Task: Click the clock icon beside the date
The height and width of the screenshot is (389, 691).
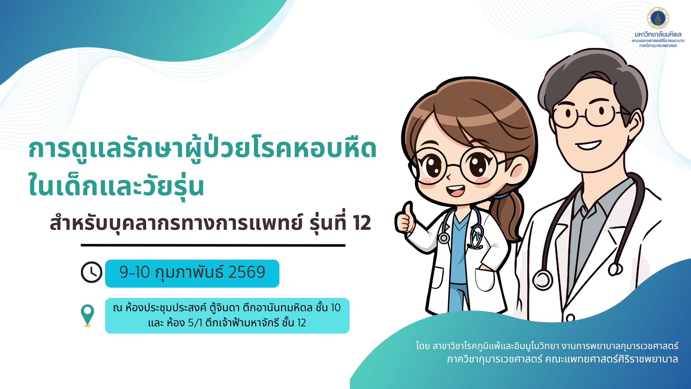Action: point(91,272)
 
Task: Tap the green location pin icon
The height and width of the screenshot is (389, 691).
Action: point(87,314)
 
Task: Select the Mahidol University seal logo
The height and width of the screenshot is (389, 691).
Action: point(658,18)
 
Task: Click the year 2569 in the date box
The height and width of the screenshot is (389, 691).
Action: point(247,272)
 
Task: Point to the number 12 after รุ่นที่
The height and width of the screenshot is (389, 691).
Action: point(362,223)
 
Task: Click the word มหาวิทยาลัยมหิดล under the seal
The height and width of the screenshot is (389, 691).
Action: point(658,35)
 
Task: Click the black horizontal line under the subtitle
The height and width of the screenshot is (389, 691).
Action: point(213,245)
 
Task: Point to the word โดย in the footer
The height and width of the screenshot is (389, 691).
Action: point(423,346)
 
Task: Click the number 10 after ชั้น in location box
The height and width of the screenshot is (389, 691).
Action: point(335,308)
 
